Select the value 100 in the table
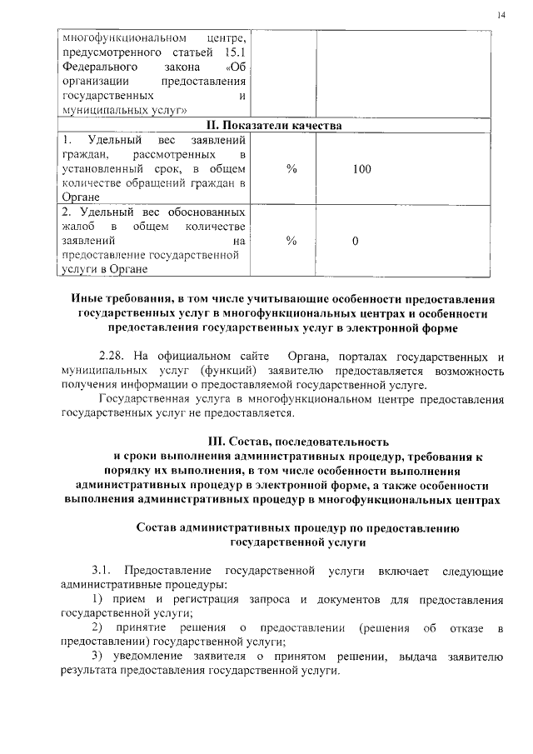pos(361,169)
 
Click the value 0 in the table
pos(356,241)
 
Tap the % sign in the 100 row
pos(291,169)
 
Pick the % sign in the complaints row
pos(291,241)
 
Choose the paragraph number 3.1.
pos(102,571)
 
